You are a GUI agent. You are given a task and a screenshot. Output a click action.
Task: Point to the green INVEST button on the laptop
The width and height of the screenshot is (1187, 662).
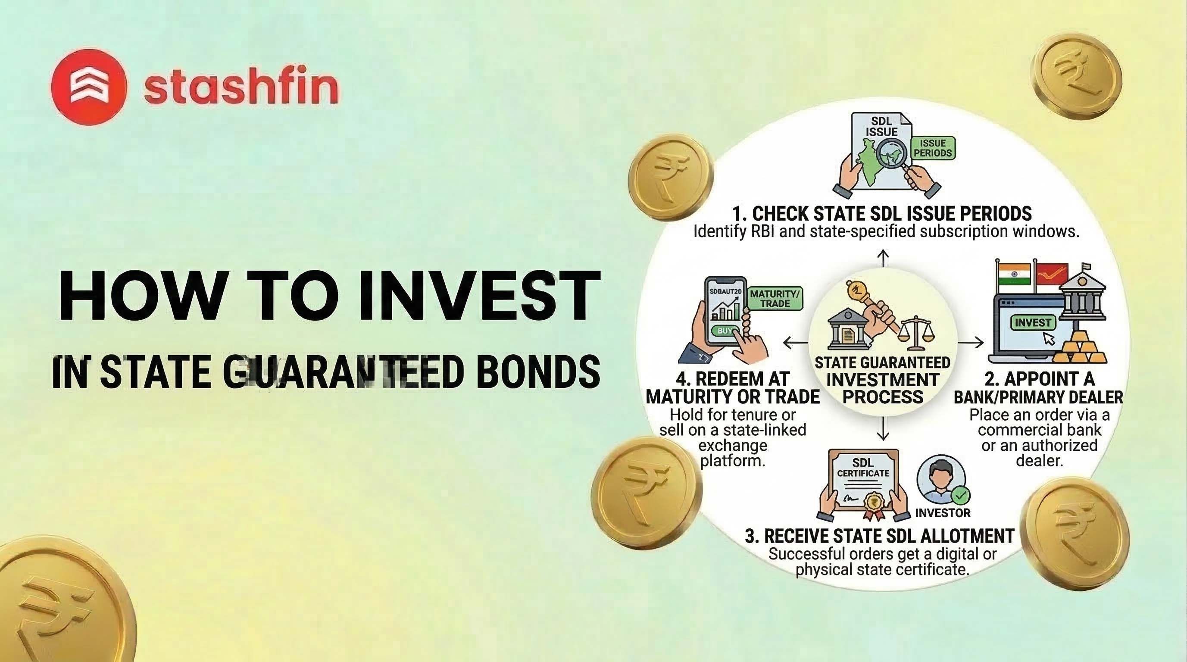[1033, 322]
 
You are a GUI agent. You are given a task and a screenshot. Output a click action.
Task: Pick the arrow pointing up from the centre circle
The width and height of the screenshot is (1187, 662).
[882, 259]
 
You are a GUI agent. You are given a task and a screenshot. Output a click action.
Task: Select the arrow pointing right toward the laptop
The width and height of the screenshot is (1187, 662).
[971, 342]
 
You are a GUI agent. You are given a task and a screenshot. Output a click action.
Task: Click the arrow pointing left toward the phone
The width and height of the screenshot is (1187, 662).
[795, 342]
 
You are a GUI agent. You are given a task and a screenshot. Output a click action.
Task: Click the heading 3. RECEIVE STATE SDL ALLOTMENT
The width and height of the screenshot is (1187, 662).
[880, 536]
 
